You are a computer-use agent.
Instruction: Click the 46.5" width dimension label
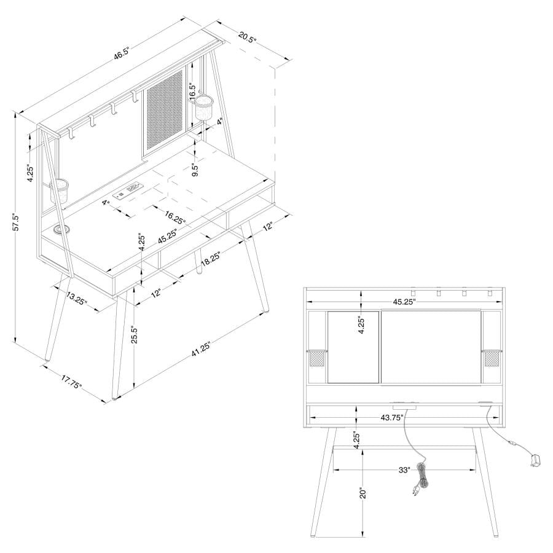point(120,55)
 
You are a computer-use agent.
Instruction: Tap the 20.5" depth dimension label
point(247,37)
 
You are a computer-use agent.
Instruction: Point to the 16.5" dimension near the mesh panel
point(194,93)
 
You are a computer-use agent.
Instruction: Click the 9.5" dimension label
point(195,170)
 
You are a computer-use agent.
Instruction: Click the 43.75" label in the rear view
point(392,417)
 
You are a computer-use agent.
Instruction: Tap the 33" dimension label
point(404,470)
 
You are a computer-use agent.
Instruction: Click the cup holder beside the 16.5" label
point(204,108)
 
